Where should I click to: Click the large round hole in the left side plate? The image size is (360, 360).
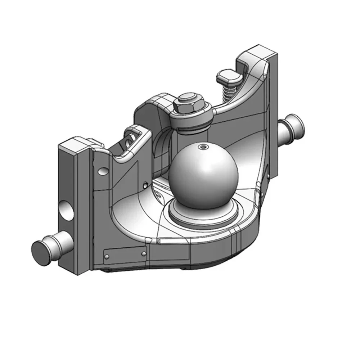pyautogui.click(x=66, y=210)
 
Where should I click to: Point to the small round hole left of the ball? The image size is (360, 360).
pyautogui.click(x=145, y=185)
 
